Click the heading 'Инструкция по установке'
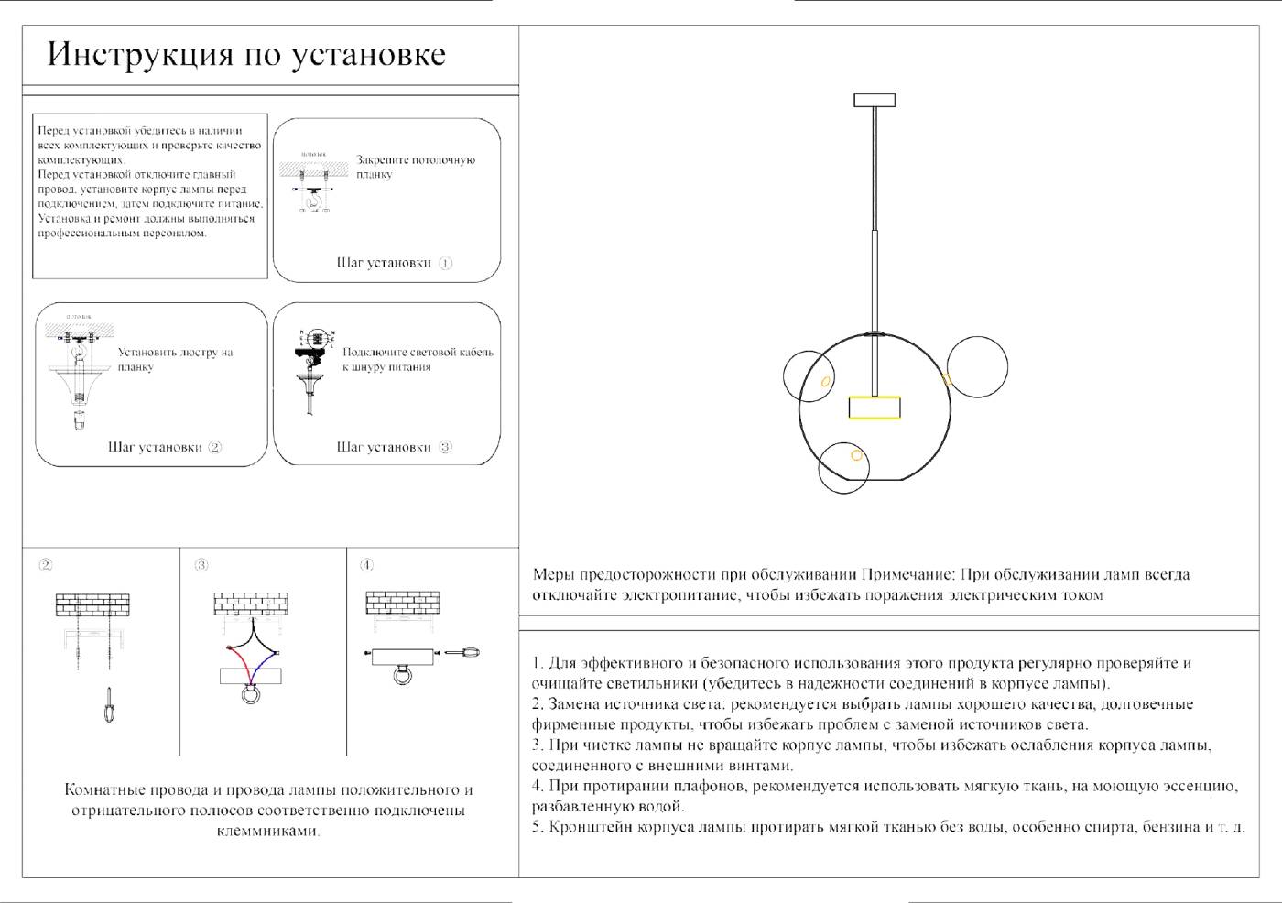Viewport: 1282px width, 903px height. coord(246,55)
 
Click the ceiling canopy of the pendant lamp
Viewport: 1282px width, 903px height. coord(874,100)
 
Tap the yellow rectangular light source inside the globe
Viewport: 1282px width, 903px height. coord(874,408)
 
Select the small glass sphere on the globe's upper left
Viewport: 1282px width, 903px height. coord(808,375)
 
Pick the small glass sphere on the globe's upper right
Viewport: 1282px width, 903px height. coord(977,367)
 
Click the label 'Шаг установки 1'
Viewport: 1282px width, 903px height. coord(394,263)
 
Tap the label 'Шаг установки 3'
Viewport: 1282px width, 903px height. coord(394,448)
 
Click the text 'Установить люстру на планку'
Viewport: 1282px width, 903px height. coord(175,359)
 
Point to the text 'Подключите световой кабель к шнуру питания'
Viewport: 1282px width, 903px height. coord(418,359)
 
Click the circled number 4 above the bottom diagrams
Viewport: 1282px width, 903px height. coord(366,565)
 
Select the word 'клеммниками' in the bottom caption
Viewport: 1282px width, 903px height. coord(267,832)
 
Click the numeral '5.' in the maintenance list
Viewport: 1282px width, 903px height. coord(538,827)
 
